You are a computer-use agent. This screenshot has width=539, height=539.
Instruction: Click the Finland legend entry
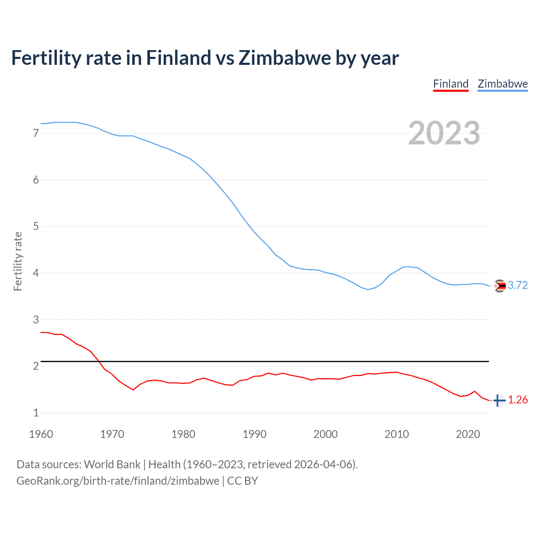coord(451,84)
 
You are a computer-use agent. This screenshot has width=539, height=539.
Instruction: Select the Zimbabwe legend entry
coord(502,84)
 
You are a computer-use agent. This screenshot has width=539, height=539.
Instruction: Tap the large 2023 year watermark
coord(444,133)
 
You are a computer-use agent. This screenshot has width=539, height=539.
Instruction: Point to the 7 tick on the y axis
coord(36,133)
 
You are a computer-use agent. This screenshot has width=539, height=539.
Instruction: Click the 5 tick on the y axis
coord(36,227)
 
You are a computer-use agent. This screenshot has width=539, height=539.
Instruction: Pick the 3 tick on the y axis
coord(36,320)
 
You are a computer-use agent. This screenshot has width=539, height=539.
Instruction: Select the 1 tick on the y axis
coord(36,413)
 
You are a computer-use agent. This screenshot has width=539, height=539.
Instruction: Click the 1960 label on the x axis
coord(41,434)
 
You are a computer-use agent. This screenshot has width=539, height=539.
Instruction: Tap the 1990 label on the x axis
coord(254,434)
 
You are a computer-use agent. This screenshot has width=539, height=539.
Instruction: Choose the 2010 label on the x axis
coord(397,434)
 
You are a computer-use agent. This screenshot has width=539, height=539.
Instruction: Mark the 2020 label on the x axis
coord(468,434)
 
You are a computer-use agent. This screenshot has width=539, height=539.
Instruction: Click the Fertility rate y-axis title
coord(18,261)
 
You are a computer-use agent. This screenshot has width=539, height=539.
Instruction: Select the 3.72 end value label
coord(518,286)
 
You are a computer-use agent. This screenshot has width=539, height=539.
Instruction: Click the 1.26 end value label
coord(518,400)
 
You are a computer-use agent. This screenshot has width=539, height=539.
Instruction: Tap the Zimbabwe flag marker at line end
coord(499,286)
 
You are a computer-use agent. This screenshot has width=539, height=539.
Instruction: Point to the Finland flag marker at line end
coord(499,400)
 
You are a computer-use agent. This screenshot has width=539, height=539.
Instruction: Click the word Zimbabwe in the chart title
coord(285,58)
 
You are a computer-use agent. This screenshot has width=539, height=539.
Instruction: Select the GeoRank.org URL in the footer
coord(118,481)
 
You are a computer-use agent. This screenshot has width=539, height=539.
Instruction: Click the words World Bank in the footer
coord(112,464)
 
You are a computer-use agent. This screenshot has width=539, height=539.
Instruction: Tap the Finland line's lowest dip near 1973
coord(133,390)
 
